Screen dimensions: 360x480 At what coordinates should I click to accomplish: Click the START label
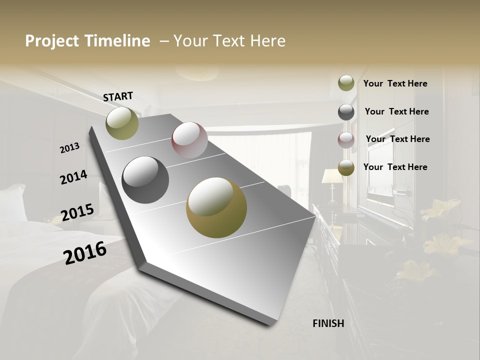tap(118, 96)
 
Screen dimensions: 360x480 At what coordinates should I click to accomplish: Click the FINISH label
tap(328, 323)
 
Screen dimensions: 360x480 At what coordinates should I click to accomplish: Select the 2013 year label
tap(70, 148)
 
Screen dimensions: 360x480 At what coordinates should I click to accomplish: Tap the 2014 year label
tap(73, 177)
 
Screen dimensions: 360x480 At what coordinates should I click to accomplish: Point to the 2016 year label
tap(85, 252)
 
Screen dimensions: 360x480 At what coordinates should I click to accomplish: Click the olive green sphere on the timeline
tap(122, 123)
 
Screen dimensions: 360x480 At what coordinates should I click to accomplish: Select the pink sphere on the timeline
tap(189, 140)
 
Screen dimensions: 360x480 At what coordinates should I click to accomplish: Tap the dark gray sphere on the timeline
tap(145, 180)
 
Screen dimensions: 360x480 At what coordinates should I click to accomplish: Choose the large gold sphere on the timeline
tap(216, 207)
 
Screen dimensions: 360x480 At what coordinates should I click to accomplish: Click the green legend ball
tap(346, 83)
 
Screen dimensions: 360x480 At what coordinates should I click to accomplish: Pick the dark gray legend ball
tap(346, 112)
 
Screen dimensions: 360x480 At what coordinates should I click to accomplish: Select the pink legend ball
tap(346, 140)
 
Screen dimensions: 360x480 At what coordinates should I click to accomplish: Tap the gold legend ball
tap(346, 168)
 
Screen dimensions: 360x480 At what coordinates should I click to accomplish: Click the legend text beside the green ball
tap(395, 83)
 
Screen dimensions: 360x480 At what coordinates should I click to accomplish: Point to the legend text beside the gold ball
tap(395, 167)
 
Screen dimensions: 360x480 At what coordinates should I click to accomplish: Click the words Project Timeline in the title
tap(87, 41)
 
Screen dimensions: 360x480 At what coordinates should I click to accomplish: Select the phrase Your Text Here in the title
tap(229, 41)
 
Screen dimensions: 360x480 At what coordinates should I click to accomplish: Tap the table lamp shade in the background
tap(332, 176)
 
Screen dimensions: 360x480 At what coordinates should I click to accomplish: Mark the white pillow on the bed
tap(12, 202)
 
